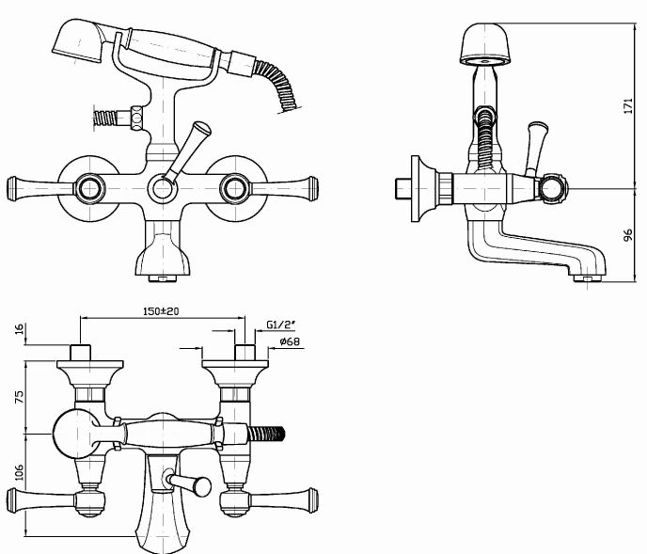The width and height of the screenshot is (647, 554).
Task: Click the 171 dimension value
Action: coord(627,105)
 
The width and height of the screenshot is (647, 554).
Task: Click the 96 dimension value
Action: coord(627,235)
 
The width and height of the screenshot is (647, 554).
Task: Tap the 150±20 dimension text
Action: coord(161,311)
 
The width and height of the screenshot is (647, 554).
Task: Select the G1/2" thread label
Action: coord(281,324)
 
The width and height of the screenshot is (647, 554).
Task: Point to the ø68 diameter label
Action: coord(290,341)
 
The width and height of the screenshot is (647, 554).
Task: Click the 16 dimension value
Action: coord(20,329)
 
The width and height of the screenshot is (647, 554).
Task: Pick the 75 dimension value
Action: coord(20,397)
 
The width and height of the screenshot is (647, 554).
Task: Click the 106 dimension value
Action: coord(20,472)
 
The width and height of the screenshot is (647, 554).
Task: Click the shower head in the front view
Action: coord(78,41)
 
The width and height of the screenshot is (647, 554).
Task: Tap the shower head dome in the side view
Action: coord(485,43)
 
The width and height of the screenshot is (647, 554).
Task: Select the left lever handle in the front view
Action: coord(40,189)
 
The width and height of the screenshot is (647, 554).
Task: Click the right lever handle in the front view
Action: coord(285,189)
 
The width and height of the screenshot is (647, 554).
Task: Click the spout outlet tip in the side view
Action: coord(588,278)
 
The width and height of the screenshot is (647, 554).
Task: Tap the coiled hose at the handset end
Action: coord(277,85)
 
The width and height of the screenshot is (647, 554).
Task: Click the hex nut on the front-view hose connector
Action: coord(137,118)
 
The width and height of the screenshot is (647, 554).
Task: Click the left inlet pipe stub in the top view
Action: coord(80,352)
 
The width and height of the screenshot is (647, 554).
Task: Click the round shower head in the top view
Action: coord(76,434)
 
